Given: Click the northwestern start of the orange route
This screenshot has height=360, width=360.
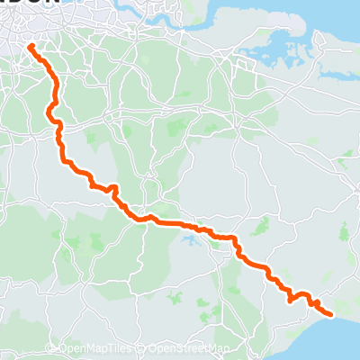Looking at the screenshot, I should coord(30,45).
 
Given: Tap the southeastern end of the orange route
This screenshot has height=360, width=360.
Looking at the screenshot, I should coord(331,314).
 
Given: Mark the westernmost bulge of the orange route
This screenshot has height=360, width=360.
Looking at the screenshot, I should coord(48,112).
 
